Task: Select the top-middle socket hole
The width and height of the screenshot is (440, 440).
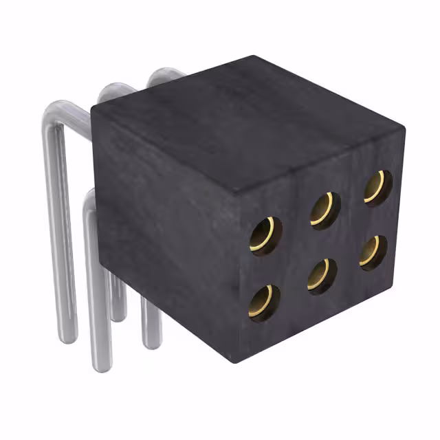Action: coord(324,210)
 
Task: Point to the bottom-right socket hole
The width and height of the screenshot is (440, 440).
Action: coord(373,252)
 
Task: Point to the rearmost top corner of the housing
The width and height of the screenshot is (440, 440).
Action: coord(254,57)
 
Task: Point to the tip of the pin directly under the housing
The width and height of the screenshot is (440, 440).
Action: coord(151,344)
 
